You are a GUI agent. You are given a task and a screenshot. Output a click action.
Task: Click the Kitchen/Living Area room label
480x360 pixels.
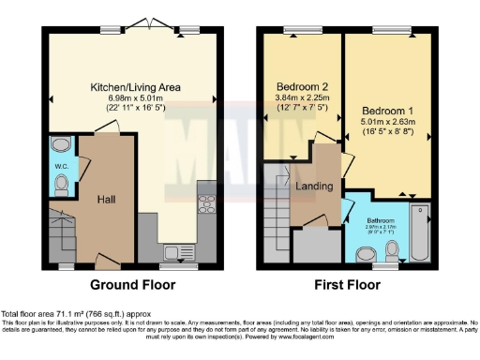(x=135, y=87)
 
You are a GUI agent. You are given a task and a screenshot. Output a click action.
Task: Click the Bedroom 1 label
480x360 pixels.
(x=387, y=111)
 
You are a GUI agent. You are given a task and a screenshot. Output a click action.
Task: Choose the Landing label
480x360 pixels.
(x=314, y=186)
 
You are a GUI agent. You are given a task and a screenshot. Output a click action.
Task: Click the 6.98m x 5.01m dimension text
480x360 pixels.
(x=135, y=98)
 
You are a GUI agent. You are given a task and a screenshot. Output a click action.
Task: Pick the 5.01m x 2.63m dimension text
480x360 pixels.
(x=387, y=122)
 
